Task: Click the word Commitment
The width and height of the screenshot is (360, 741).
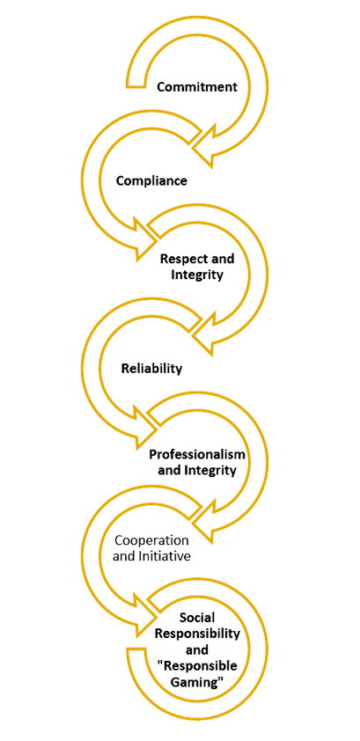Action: click(x=197, y=87)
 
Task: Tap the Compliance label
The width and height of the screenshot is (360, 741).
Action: click(x=151, y=180)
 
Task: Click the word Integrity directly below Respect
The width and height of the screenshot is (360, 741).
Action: click(x=196, y=275)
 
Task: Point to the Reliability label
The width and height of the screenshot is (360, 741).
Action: click(x=151, y=368)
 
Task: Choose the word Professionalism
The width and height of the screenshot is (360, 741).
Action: click(x=197, y=455)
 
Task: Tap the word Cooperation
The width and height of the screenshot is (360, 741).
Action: click(x=151, y=540)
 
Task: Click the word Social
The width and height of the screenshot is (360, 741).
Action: click(x=197, y=617)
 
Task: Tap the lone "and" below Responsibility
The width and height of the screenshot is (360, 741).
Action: click(x=197, y=649)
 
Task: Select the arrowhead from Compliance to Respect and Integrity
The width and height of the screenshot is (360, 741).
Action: click(x=143, y=239)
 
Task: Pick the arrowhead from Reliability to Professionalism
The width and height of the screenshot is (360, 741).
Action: click(x=143, y=427)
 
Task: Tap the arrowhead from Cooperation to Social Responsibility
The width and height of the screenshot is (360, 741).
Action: click(x=143, y=614)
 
